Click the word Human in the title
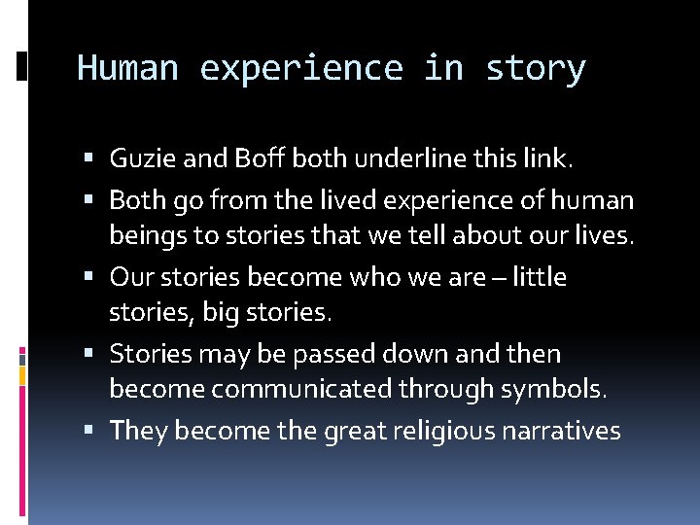pos(127,68)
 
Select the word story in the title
pos(536,68)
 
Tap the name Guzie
pos(140,157)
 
